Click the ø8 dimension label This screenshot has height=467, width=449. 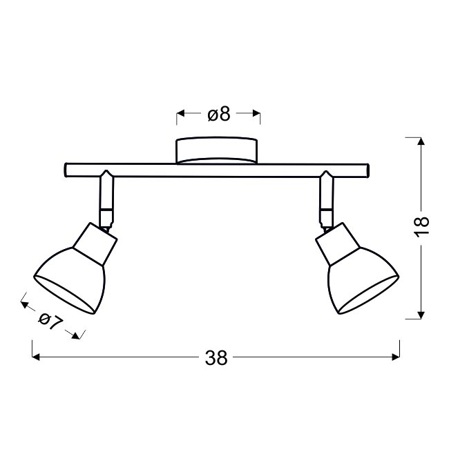[219, 114]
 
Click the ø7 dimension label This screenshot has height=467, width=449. [51, 321]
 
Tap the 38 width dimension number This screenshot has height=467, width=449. [216, 358]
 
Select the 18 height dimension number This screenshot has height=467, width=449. [422, 227]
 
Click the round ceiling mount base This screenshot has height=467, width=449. [217, 150]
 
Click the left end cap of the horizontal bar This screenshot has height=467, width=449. [66, 170]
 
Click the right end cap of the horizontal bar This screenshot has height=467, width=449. [367, 170]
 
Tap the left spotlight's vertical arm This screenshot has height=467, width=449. [106, 199]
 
